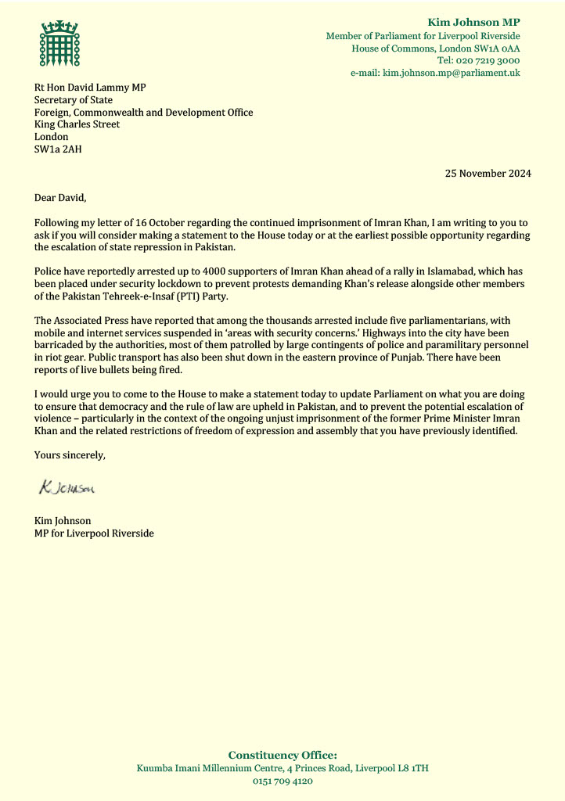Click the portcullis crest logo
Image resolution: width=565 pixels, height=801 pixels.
point(61,45)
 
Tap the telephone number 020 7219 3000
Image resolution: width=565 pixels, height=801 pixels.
point(488,60)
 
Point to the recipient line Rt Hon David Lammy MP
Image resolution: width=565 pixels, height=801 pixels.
point(90,87)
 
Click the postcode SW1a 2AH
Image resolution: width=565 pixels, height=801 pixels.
point(57,149)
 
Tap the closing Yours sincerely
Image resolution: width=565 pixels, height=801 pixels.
point(70,454)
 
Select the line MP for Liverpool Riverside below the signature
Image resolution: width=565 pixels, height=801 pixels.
point(94,533)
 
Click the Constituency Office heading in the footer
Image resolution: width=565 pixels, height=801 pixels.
point(282,755)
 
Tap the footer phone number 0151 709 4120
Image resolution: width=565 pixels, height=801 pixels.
point(282,781)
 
